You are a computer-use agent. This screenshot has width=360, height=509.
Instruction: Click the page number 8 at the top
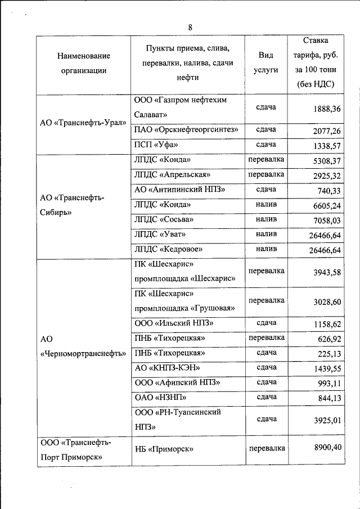190,28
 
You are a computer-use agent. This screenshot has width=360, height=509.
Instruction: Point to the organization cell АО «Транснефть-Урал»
83,124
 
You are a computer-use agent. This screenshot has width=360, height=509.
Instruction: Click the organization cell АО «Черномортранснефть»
83,346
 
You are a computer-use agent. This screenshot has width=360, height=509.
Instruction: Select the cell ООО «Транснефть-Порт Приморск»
75,449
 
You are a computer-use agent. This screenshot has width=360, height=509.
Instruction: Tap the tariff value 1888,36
327,109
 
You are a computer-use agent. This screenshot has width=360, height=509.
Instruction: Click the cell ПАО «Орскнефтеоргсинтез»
186,130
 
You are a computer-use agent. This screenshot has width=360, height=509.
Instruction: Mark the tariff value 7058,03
327,219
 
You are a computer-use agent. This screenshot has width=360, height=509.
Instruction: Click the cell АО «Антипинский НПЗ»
179,190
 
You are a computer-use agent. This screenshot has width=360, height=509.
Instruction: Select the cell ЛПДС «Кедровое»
168,249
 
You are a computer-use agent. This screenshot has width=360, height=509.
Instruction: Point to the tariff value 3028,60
327,302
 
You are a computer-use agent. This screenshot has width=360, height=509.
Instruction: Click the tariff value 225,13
329,354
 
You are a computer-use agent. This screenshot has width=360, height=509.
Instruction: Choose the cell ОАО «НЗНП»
160,397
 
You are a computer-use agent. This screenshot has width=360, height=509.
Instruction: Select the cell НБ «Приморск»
164,449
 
